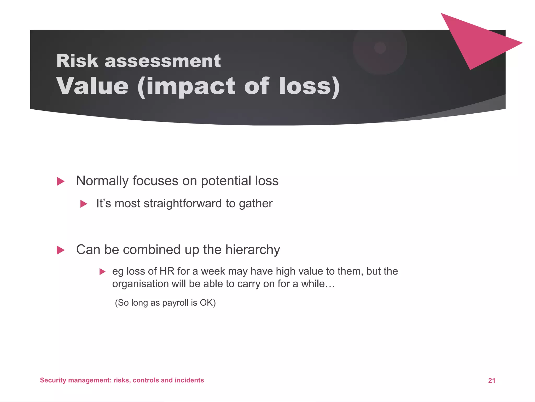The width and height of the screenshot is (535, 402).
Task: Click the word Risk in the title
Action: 77,61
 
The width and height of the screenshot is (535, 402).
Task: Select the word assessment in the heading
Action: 162,61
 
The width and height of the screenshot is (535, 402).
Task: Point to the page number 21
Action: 492,381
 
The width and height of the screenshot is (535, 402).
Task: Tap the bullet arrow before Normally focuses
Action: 61,181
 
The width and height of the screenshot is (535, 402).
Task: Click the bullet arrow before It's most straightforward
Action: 84,204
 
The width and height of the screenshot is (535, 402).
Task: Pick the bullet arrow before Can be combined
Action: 61,250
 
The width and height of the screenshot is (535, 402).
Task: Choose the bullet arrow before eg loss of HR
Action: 102,272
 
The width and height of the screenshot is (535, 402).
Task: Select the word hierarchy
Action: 253,250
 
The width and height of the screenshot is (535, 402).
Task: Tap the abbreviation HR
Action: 167,271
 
